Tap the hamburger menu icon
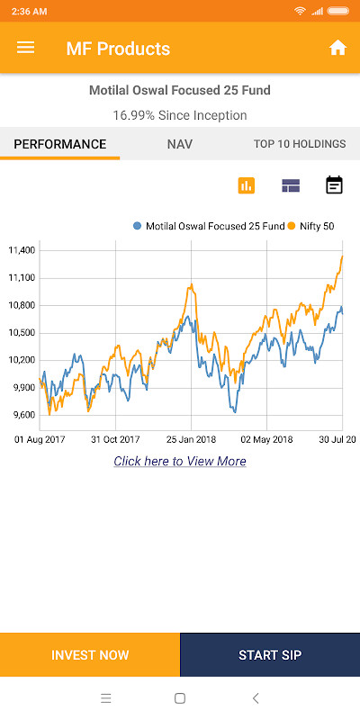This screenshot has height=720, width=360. coord(25,48)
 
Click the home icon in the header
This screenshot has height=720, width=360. coord(337,48)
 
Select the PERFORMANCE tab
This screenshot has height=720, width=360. coord(60,144)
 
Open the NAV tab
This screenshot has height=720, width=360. coord(180,144)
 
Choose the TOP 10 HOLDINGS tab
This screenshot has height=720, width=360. coord(300,144)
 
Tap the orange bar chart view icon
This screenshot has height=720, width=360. coord(247,185)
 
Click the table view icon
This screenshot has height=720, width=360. coord(290,185)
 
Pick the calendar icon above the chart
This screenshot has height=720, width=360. coord(334,185)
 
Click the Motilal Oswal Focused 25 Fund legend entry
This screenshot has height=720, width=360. coord(208,226)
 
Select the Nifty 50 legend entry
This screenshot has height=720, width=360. coord(310,226)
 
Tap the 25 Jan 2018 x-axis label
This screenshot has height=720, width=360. coord(192,439)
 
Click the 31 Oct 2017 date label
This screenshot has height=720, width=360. coord(115,439)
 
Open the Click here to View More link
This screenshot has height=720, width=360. coord(180,461)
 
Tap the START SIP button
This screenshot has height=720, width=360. coord(270,655)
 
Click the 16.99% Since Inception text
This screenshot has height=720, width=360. coord(180,115)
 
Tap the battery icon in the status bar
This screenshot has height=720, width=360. coord(338,10)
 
